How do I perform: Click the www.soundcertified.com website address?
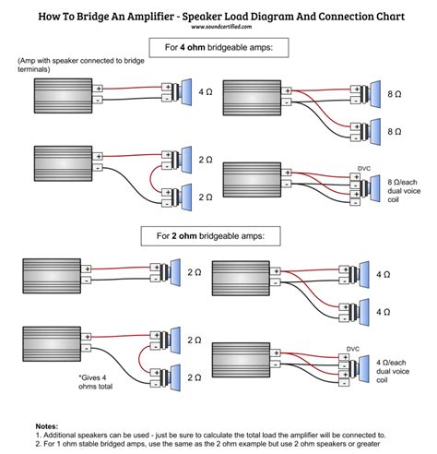click(x=221, y=27)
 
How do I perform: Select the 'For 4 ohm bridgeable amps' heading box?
click(x=218, y=48)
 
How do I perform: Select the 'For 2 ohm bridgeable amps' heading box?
click(x=210, y=236)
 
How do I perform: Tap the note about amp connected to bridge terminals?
click(x=81, y=65)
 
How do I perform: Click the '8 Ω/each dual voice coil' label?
click(x=404, y=191)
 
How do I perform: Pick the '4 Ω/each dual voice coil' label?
click(x=393, y=371)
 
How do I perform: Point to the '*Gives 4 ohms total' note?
click(x=96, y=382)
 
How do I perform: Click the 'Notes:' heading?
click(x=47, y=426)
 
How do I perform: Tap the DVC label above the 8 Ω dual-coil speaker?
click(x=364, y=169)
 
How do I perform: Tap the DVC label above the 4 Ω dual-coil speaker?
click(x=353, y=349)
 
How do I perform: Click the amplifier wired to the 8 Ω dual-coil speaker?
click(x=252, y=180)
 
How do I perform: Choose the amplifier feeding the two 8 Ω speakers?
click(x=252, y=98)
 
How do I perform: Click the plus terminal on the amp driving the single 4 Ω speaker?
click(x=99, y=89)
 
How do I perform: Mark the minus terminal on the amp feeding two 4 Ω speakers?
click(x=276, y=282)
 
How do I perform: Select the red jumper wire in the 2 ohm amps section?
click(x=139, y=359)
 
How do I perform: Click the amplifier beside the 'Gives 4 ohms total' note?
click(x=52, y=344)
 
